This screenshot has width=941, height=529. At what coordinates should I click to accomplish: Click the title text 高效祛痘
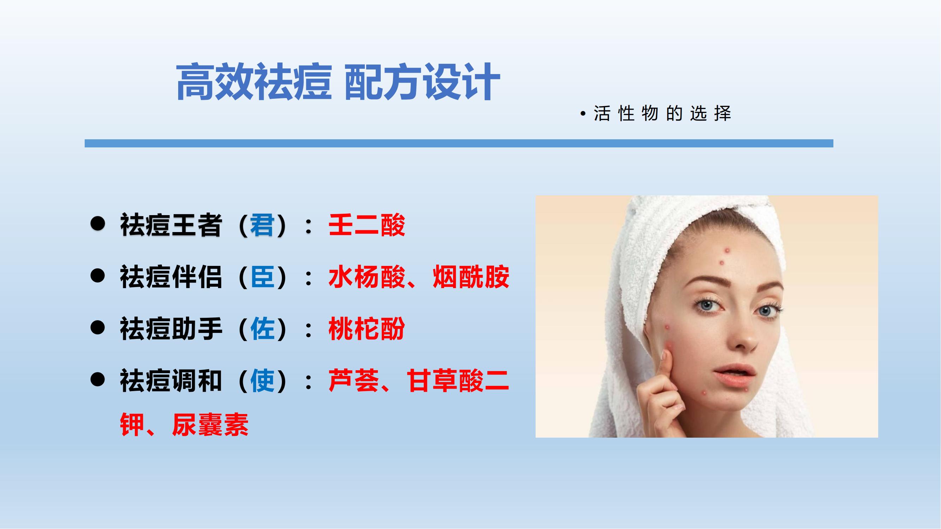[254, 82]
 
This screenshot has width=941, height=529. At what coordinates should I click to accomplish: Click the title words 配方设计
[422, 82]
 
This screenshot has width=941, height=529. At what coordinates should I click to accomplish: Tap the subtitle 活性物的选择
[662, 114]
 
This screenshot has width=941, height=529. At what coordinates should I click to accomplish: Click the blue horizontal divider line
[459, 143]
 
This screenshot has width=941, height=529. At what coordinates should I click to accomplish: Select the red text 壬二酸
[367, 225]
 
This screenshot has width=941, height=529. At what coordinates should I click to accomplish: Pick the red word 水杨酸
[367, 277]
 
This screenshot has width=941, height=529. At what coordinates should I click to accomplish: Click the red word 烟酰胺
[471, 277]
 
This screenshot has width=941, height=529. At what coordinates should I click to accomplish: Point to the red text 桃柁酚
[367, 329]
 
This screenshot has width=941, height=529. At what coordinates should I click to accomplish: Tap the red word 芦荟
[354, 381]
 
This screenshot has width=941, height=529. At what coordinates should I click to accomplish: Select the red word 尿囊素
[210, 425]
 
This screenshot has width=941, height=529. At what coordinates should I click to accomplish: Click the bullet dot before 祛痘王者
[97, 223]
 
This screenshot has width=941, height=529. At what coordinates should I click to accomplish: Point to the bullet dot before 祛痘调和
[97, 379]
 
